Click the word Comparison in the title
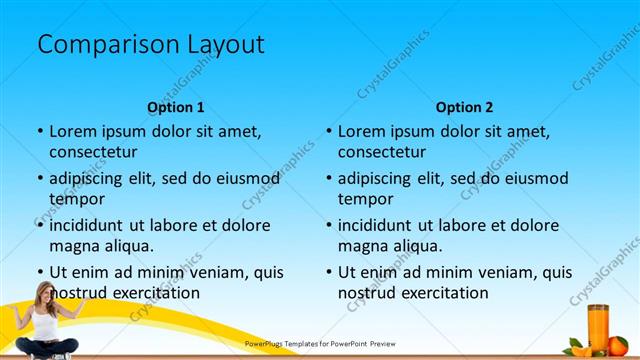coord(98,45)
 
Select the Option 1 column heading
coord(176,107)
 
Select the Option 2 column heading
coord(464,107)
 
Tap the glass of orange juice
coord(599,325)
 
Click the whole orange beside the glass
coord(617,346)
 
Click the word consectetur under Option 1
coord(93,152)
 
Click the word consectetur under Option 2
coord(381,152)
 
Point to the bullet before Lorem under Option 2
coord(328,132)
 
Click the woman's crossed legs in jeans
coord(45,347)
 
